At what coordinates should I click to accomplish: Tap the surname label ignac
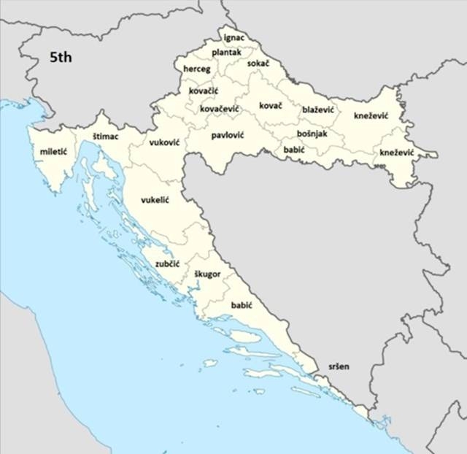click(x=234, y=36)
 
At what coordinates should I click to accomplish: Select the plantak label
click(x=226, y=53)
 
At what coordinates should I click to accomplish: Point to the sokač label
click(x=258, y=64)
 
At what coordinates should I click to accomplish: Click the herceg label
click(x=197, y=69)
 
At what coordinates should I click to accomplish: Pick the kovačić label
click(x=204, y=91)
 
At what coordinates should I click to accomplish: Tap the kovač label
click(x=271, y=106)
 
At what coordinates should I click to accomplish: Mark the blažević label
click(x=318, y=109)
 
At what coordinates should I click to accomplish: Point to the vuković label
click(x=165, y=143)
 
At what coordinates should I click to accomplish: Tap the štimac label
click(x=107, y=136)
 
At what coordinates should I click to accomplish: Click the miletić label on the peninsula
click(x=54, y=151)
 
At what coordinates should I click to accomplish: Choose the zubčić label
click(x=167, y=263)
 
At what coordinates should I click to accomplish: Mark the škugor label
click(x=207, y=274)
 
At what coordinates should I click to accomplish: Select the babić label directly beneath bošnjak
click(x=294, y=150)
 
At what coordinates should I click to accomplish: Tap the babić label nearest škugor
click(x=242, y=304)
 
